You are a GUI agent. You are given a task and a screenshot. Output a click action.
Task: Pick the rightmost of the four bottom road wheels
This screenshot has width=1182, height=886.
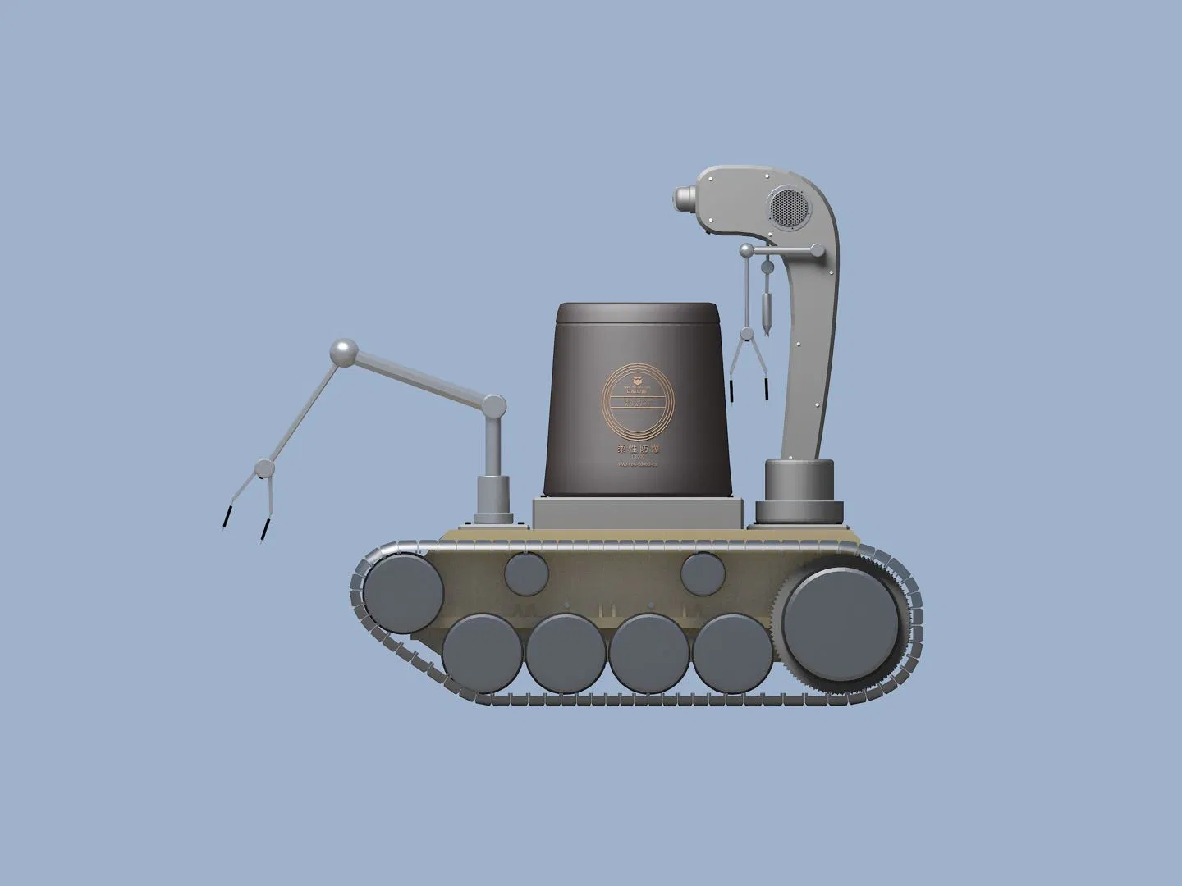731,653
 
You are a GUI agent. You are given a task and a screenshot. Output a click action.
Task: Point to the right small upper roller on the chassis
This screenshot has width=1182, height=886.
701,572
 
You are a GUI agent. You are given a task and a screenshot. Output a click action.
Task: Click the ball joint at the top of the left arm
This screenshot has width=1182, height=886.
342,354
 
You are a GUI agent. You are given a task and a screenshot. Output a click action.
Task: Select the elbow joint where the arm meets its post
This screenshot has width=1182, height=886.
494,404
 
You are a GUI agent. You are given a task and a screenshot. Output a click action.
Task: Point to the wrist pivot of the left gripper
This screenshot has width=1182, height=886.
263,468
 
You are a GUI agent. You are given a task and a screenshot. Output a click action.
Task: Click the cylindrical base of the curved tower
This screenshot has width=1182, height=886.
801,491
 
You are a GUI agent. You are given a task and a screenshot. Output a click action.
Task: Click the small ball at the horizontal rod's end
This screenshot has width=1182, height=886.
746,249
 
